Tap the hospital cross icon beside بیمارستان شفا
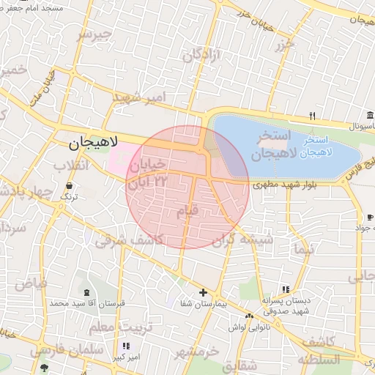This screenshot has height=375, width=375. [203, 292]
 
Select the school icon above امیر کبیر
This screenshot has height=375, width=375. [126, 345]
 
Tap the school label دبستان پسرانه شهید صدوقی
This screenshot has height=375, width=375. [286, 305]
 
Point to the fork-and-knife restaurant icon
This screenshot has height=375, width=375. [312, 116]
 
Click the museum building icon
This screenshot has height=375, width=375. [370, 115]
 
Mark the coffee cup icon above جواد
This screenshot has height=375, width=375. [369, 217]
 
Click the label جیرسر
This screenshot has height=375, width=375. [96, 34]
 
